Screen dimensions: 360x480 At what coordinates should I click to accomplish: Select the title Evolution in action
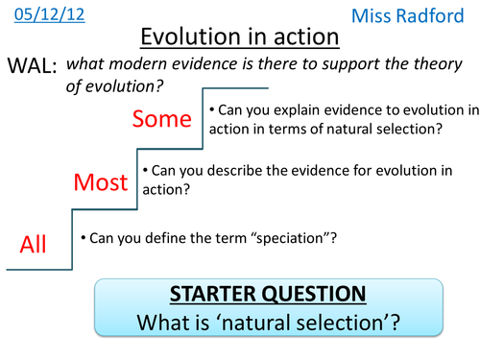tap(239, 37)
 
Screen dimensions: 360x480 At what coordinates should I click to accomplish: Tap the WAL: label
tap(33, 67)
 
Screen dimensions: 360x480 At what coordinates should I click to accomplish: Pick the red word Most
tap(101, 181)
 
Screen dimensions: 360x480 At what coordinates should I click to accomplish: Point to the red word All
tap(34, 246)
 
